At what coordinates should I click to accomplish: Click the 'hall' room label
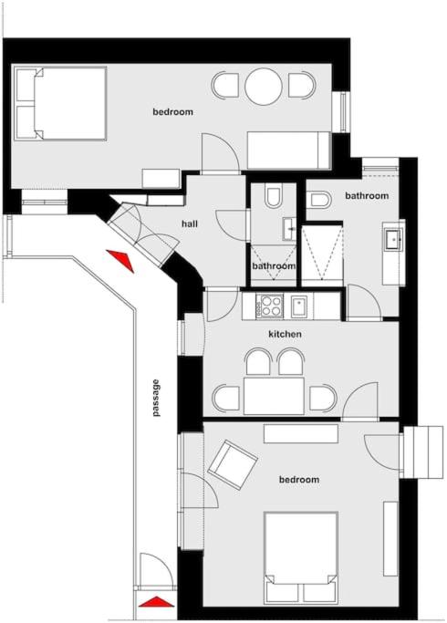coord(190,224)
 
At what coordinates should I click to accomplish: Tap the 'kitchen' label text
coord(285,334)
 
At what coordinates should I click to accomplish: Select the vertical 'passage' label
coord(157,398)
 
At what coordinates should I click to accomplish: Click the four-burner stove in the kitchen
coord(270,306)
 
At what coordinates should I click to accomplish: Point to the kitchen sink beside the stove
coord(299,306)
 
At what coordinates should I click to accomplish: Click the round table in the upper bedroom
coord(264,87)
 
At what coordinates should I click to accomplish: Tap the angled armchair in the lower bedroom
coord(233,464)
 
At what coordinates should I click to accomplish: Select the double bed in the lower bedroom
coord(301,557)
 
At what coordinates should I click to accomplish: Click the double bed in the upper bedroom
coord(60,104)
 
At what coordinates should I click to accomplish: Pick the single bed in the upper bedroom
coord(288,151)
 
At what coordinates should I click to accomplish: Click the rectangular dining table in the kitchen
coord(275,396)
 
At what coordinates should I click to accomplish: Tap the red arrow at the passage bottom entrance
coord(156,602)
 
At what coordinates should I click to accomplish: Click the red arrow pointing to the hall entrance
coord(120,259)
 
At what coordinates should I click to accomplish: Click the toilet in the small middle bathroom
coord(274,195)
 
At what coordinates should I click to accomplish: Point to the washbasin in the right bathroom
coord(393,239)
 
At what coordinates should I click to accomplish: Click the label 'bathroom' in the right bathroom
coord(367,196)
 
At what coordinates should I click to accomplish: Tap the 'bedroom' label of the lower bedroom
coord(299,480)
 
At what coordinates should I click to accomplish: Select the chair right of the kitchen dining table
coord(323,398)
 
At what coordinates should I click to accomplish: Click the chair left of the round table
coord(225,85)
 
